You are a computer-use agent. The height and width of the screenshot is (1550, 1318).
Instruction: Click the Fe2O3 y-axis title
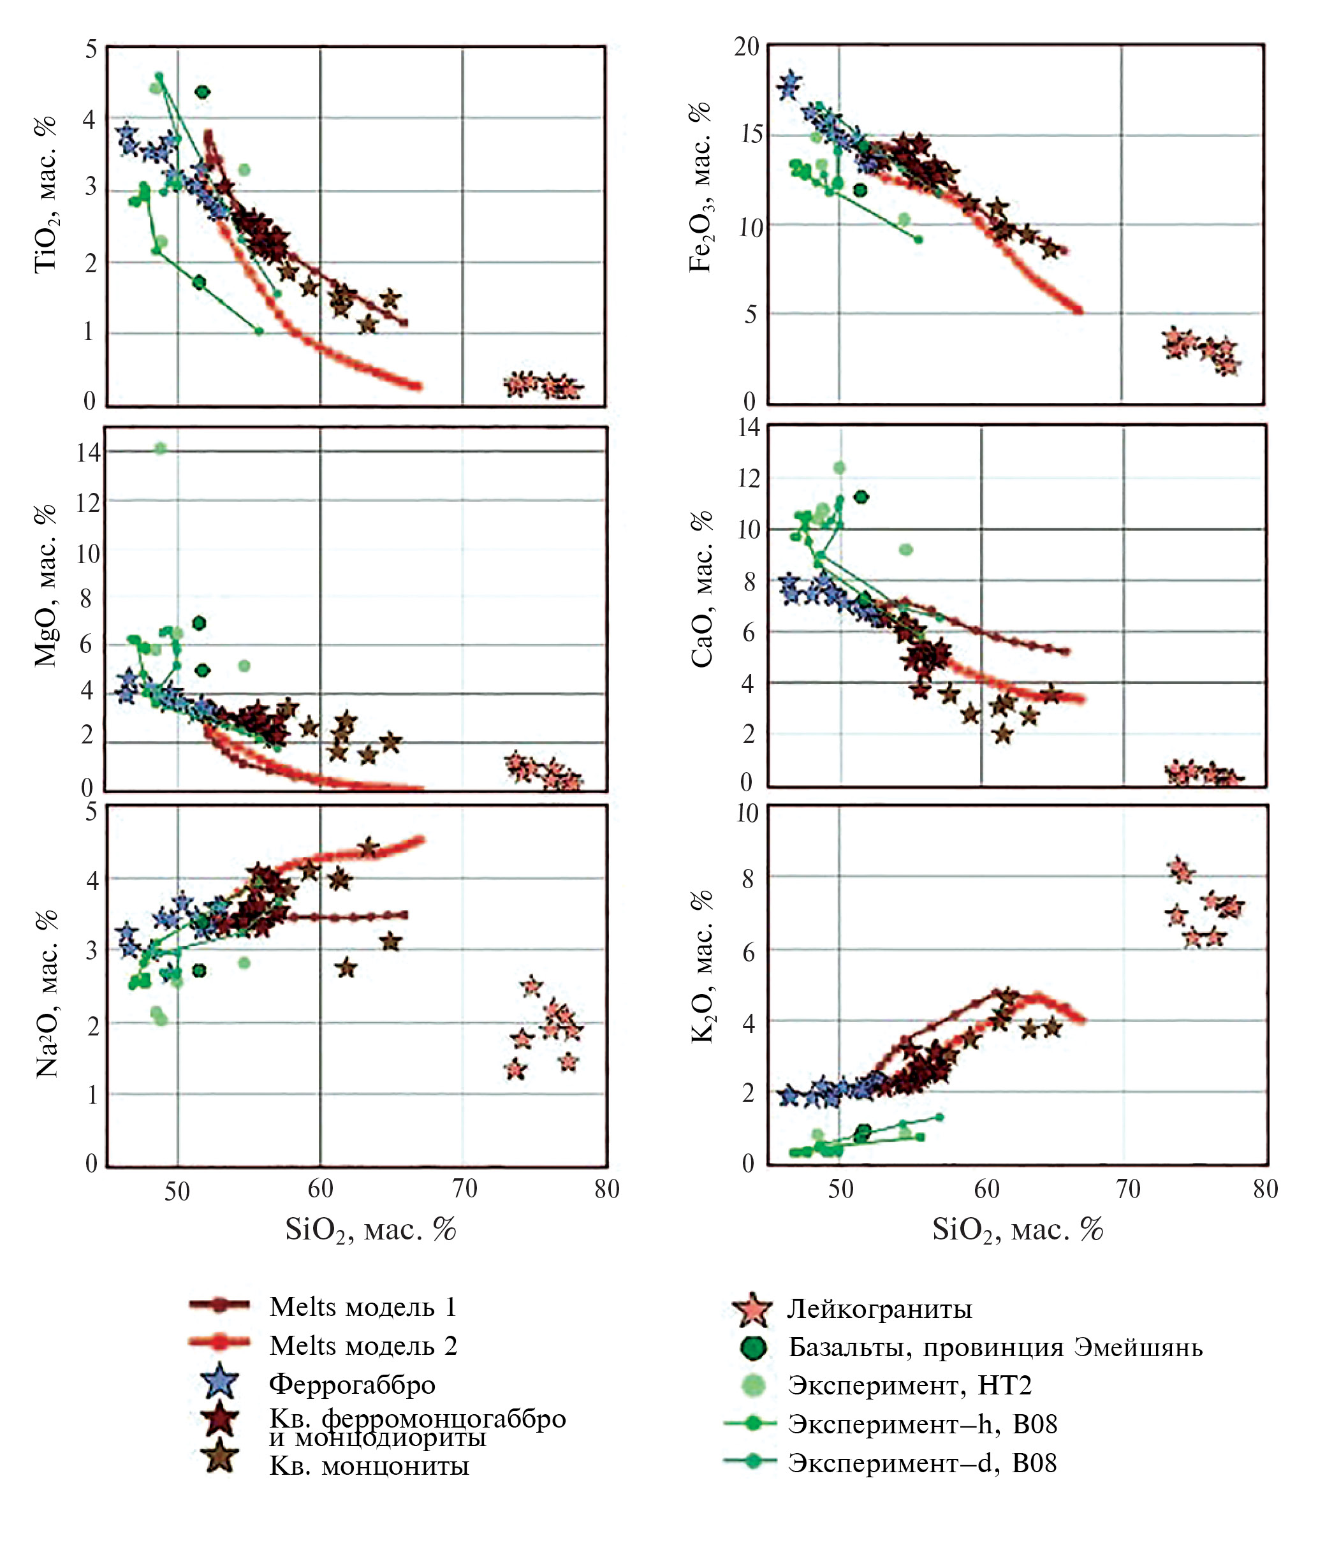(x=700, y=187)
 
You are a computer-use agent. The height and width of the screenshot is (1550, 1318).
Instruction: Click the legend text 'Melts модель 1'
(x=362, y=1306)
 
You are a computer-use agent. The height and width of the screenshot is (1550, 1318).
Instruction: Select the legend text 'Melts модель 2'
(x=363, y=1345)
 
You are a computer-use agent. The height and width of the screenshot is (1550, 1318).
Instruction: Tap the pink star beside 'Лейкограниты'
(x=752, y=1310)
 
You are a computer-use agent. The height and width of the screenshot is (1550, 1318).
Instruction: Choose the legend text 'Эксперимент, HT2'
(x=909, y=1385)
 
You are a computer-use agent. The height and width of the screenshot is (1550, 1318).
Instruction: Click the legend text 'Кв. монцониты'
(x=369, y=1466)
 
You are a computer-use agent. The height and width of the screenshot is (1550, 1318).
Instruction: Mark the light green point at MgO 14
(x=160, y=448)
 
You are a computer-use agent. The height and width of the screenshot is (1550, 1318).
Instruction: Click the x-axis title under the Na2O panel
(x=370, y=1229)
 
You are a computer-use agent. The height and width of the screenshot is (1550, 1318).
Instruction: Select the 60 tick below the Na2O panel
(x=321, y=1188)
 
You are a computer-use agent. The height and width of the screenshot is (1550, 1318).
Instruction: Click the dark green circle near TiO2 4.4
(x=201, y=92)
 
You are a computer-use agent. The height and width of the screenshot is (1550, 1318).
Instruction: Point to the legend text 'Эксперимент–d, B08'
(x=922, y=1463)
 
